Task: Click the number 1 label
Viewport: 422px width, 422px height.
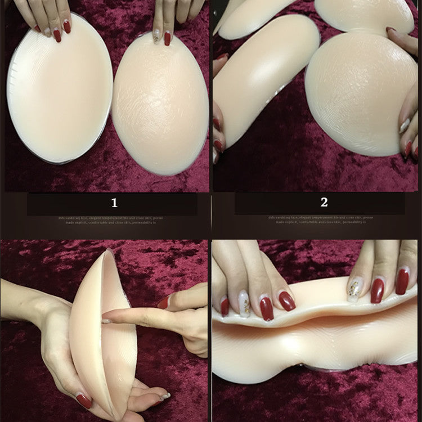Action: tap(114, 203)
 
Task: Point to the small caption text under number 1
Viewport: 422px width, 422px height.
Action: tap(113, 219)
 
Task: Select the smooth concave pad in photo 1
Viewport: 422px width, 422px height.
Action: tap(59, 90)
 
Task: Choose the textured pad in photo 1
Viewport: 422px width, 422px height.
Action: tap(160, 104)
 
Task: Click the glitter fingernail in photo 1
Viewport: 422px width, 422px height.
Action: tap(158, 37)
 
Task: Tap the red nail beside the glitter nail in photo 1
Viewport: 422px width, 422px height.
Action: tap(167, 38)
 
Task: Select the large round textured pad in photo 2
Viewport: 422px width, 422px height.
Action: tap(360, 93)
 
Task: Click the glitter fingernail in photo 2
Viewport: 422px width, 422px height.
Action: tap(405, 125)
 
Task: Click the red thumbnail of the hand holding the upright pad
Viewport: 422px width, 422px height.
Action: tap(84, 401)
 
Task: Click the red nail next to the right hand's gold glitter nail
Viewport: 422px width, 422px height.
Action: tap(378, 290)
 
